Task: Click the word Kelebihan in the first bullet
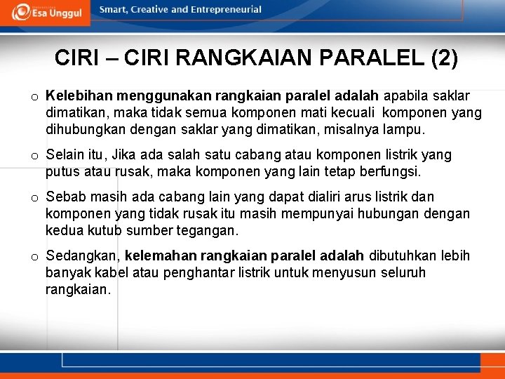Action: click(x=76, y=95)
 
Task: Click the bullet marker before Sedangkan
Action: click(x=34, y=257)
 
